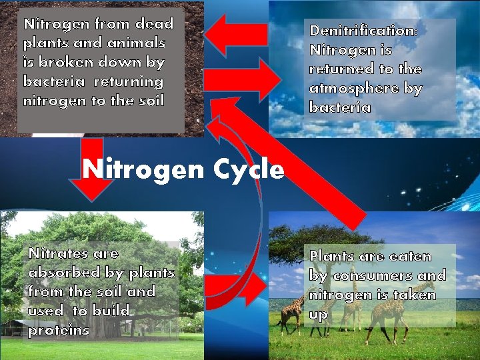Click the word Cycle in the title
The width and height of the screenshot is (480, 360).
coord(249,171)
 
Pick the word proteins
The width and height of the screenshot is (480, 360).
coord(59,331)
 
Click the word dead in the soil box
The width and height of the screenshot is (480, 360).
coord(154,24)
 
